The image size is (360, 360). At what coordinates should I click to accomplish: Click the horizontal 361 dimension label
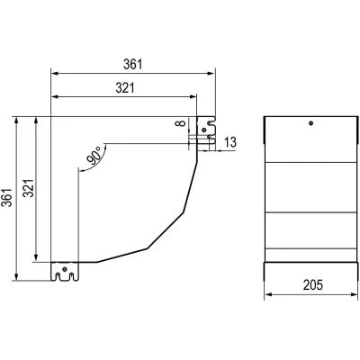pyautogui.click(x=132, y=65)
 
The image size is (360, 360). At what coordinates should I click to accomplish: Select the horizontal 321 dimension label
pyautogui.click(x=125, y=88)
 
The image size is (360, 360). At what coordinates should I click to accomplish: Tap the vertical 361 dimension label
pyautogui.click(x=7, y=198)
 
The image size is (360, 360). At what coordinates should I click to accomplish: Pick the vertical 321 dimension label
pyautogui.click(x=29, y=188)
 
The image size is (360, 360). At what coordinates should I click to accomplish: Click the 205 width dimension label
pyautogui.click(x=313, y=284)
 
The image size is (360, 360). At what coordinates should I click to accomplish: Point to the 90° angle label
pyautogui.click(x=94, y=156)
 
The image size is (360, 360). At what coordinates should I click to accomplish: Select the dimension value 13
pyautogui.click(x=230, y=142)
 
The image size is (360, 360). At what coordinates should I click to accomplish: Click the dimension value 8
pyautogui.click(x=180, y=123)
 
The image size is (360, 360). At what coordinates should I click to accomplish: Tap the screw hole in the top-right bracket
pyautogui.click(x=204, y=130)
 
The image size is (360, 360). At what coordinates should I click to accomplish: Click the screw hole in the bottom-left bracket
pyautogui.click(x=65, y=269)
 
